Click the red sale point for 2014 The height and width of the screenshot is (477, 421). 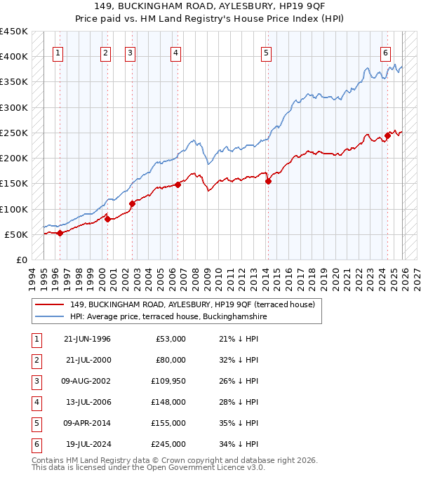[x=269, y=181]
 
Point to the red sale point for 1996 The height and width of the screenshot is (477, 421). [x=60, y=233]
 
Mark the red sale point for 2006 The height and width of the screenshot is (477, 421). [x=178, y=184]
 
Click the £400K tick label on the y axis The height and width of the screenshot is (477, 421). [x=13, y=57]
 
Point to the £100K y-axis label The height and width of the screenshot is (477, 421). [x=13, y=209]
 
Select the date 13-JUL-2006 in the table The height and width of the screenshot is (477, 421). [x=87, y=403]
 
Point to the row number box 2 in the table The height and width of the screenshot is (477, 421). [x=36, y=361]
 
